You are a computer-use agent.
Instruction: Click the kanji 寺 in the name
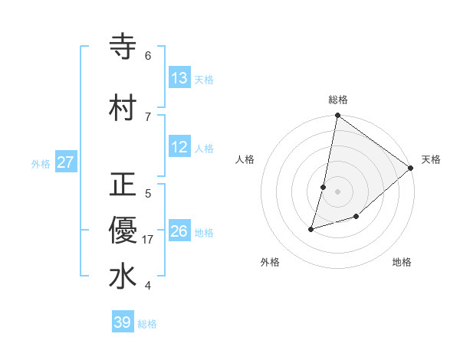[x=123, y=47]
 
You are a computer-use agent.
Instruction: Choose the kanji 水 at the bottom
[x=123, y=277]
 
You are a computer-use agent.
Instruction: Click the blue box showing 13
[x=179, y=78]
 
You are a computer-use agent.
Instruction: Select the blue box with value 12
[x=179, y=148]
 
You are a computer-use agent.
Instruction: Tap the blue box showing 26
[x=179, y=231]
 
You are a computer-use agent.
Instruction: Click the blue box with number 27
[x=66, y=162]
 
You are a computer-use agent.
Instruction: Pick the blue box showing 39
[x=123, y=322]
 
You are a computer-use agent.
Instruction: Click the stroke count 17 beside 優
[x=148, y=240]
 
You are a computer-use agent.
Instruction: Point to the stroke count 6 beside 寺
[x=148, y=56]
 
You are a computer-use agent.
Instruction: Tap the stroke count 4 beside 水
[x=148, y=286]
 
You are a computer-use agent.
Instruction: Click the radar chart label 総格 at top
[x=338, y=100]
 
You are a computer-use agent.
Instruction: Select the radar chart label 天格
[x=431, y=159]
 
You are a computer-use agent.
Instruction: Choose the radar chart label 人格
[x=245, y=159]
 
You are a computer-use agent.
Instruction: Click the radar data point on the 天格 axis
[x=411, y=168]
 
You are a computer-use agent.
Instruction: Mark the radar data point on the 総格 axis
[x=337, y=116]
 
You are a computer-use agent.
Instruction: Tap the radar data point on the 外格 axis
[x=311, y=228]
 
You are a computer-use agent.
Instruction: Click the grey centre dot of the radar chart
[x=337, y=191]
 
